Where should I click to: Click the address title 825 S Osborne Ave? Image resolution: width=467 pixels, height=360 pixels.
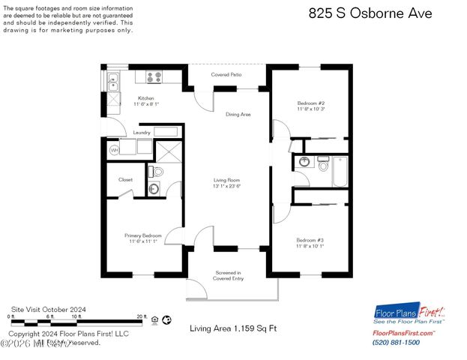[x=370, y=13]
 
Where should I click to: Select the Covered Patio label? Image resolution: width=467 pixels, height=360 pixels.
[x=226, y=75]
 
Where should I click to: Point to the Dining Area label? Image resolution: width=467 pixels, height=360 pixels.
[x=238, y=114]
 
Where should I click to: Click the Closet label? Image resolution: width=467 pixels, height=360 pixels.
[x=125, y=180]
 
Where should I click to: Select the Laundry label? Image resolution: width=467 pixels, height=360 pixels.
[x=142, y=133]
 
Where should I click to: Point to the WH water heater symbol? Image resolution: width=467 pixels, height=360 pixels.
[x=115, y=150]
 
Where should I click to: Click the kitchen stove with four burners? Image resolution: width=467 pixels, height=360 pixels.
[x=154, y=76]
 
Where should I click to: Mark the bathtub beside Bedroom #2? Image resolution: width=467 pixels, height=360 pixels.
[x=340, y=171]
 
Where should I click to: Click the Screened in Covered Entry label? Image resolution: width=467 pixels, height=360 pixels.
[x=227, y=275]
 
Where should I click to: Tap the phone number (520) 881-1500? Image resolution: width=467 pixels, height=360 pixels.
[x=396, y=343]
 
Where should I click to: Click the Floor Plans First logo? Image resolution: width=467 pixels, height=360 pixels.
[x=409, y=313]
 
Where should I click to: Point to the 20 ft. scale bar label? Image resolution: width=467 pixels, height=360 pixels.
[x=141, y=317]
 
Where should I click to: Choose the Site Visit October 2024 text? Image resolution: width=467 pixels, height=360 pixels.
[x=49, y=308]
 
